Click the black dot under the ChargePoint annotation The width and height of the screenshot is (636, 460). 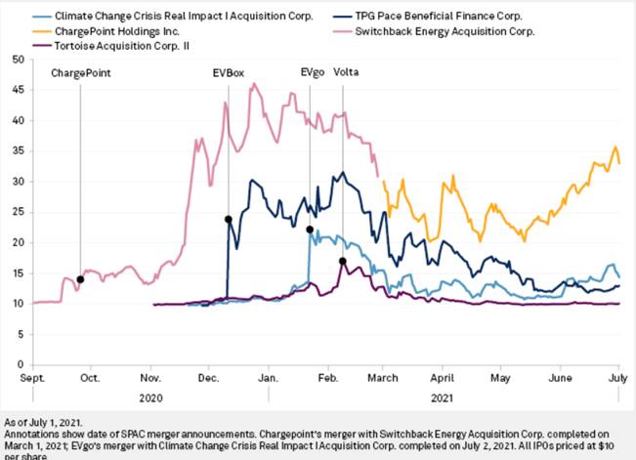(80, 279)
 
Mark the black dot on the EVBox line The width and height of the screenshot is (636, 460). (229, 219)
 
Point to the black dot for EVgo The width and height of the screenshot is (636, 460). (310, 230)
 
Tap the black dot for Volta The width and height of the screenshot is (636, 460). (342, 261)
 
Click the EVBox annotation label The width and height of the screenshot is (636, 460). (229, 72)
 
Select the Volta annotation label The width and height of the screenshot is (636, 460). (346, 72)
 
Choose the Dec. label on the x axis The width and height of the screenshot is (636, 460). (208, 376)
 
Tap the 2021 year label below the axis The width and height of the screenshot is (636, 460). (443, 398)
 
